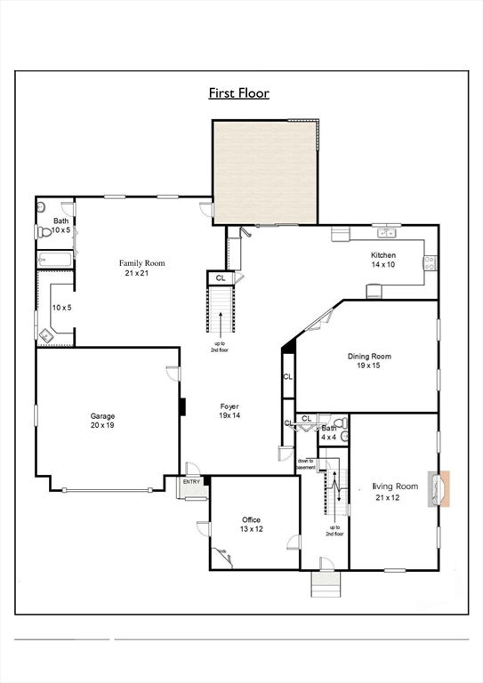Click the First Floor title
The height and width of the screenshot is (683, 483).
238,93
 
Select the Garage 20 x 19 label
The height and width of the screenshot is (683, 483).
103,421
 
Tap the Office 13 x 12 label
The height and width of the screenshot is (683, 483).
252,525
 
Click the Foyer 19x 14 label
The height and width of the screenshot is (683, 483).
229,411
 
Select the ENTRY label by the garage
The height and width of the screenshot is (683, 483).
191,482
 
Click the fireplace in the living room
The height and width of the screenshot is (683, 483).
439,489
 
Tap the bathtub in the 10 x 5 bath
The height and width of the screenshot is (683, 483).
55,260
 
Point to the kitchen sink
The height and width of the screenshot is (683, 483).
387,233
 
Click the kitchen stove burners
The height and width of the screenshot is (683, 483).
430,262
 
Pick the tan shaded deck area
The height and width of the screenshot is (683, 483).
265,173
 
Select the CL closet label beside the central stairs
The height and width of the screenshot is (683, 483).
221,277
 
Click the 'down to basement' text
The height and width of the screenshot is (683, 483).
306,464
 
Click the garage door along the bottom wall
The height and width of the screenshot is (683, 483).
107,490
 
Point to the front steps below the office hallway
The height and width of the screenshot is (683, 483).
326,584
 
